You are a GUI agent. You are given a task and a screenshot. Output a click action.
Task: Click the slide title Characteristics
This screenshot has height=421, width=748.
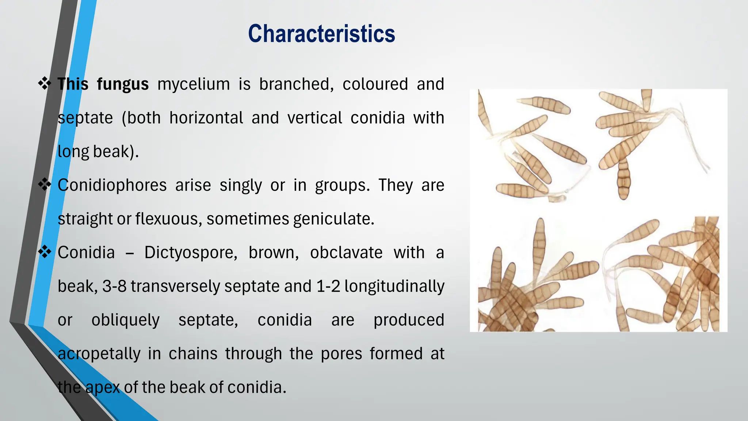pos(321,34)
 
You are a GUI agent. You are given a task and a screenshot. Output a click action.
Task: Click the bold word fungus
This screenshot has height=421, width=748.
pos(123,84)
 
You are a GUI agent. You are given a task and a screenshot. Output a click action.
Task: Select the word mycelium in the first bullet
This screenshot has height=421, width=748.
pos(194,84)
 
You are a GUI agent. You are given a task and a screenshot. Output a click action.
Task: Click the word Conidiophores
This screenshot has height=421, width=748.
pos(112,185)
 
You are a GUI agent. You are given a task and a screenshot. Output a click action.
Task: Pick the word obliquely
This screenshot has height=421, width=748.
pos(125,320)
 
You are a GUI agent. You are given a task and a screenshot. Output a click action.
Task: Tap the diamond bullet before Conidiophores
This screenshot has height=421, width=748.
pos(45,185)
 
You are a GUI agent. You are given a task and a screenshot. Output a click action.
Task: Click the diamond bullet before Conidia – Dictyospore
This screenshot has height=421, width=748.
pos(45,252)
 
